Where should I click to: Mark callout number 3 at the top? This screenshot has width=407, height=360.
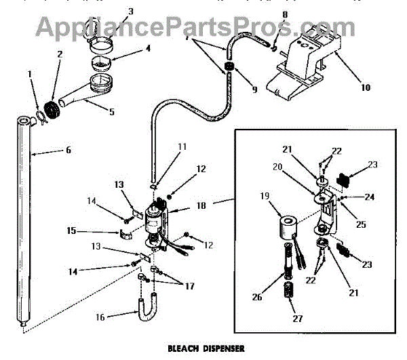click(132, 11)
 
